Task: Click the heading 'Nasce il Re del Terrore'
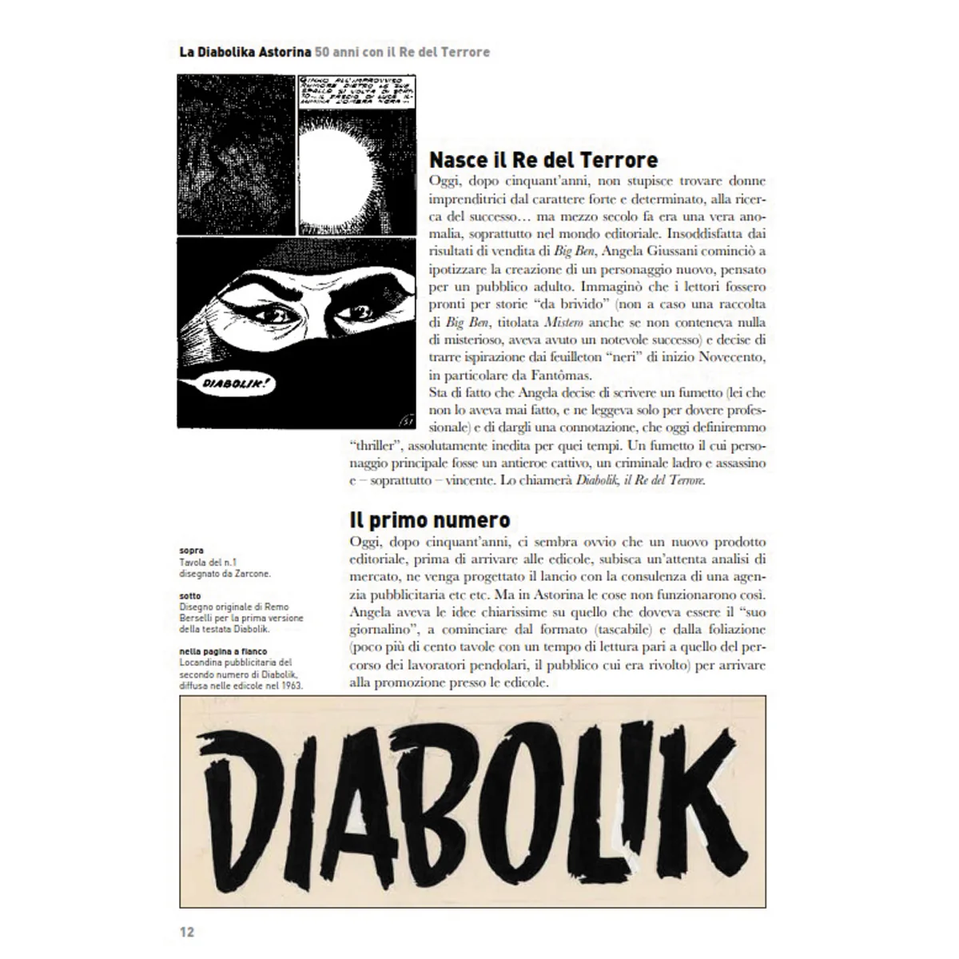(543, 159)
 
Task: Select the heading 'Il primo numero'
(430, 520)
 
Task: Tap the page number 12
(186, 932)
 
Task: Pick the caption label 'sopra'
(191, 551)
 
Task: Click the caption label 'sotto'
(190, 596)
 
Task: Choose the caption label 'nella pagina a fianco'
(223, 651)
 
